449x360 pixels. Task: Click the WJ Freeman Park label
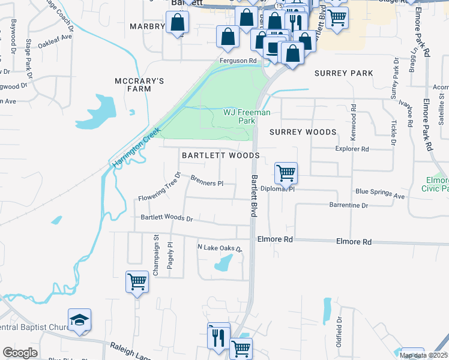coord(247,116)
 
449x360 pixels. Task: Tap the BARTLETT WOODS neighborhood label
coord(220,155)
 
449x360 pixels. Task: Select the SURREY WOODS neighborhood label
coord(303,132)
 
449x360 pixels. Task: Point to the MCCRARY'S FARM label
coord(139,85)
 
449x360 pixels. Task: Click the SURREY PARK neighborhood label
coord(343,73)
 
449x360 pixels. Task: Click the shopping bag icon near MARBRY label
coord(178,23)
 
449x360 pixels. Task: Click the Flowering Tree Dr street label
coord(160,188)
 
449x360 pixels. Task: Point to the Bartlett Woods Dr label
coord(166,218)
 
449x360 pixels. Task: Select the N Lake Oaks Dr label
coord(220,248)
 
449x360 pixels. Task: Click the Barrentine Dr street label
coord(348,205)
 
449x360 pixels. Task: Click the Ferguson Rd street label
coord(238,61)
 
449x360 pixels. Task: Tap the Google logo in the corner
coord(20,353)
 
